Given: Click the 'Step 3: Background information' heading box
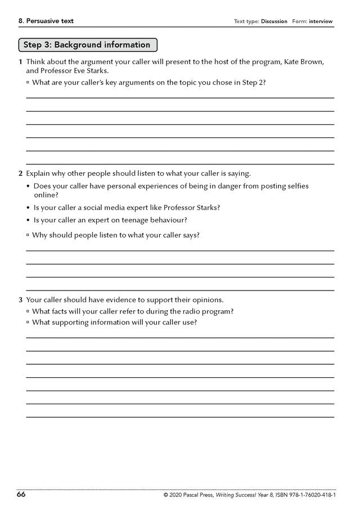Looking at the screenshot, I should click(87, 45).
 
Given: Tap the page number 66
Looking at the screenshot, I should click(21, 495).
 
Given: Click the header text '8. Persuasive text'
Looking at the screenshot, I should click(46, 21).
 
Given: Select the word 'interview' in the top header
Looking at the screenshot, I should click(321, 21).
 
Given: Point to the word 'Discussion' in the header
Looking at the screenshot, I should click(274, 21).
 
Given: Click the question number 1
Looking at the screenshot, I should click(20, 62).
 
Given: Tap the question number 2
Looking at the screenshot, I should click(20, 173).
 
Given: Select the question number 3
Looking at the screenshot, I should click(20, 300).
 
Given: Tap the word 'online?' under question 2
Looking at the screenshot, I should click(46, 195).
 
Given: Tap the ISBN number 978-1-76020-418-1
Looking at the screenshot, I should click(306, 495).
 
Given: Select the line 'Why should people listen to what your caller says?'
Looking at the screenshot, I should click(115, 235).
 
